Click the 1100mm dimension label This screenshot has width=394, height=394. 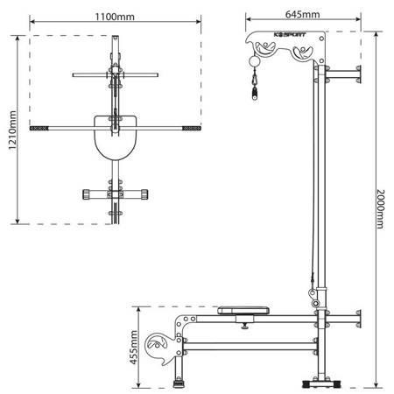click(x=115, y=17)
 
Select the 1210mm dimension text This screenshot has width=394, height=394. click(x=12, y=130)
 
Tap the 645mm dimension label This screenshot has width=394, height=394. click(x=302, y=14)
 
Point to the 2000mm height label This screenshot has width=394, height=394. click(x=381, y=209)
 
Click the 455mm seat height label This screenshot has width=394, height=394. click(x=133, y=348)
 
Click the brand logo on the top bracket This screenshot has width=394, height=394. click(x=290, y=35)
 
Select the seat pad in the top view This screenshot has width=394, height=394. click(x=116, y=137)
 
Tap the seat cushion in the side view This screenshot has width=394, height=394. click(x=243, y=310)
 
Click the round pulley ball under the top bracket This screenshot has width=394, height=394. click(x=254, y=62)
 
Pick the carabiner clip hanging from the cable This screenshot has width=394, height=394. click(x=255, y=83)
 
